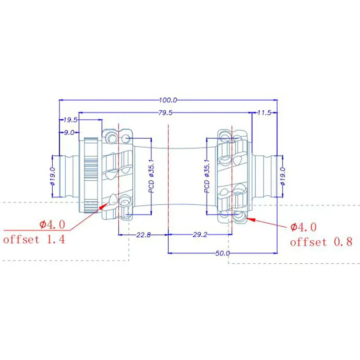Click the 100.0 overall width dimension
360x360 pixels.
pos(168,100)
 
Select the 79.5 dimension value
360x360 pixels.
pos(165,113)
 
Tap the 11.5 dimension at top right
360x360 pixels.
pos(264,113)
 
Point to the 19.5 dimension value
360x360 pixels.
pos(71,120)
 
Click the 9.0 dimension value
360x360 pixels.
pos(69,132)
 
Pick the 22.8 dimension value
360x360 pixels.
pos(144,235)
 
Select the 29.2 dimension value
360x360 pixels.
pos(200,234)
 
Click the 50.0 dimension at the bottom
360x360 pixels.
pos(222,253)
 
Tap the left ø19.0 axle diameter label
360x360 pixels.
pos(53,176)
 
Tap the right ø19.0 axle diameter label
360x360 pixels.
pos(283,176)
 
